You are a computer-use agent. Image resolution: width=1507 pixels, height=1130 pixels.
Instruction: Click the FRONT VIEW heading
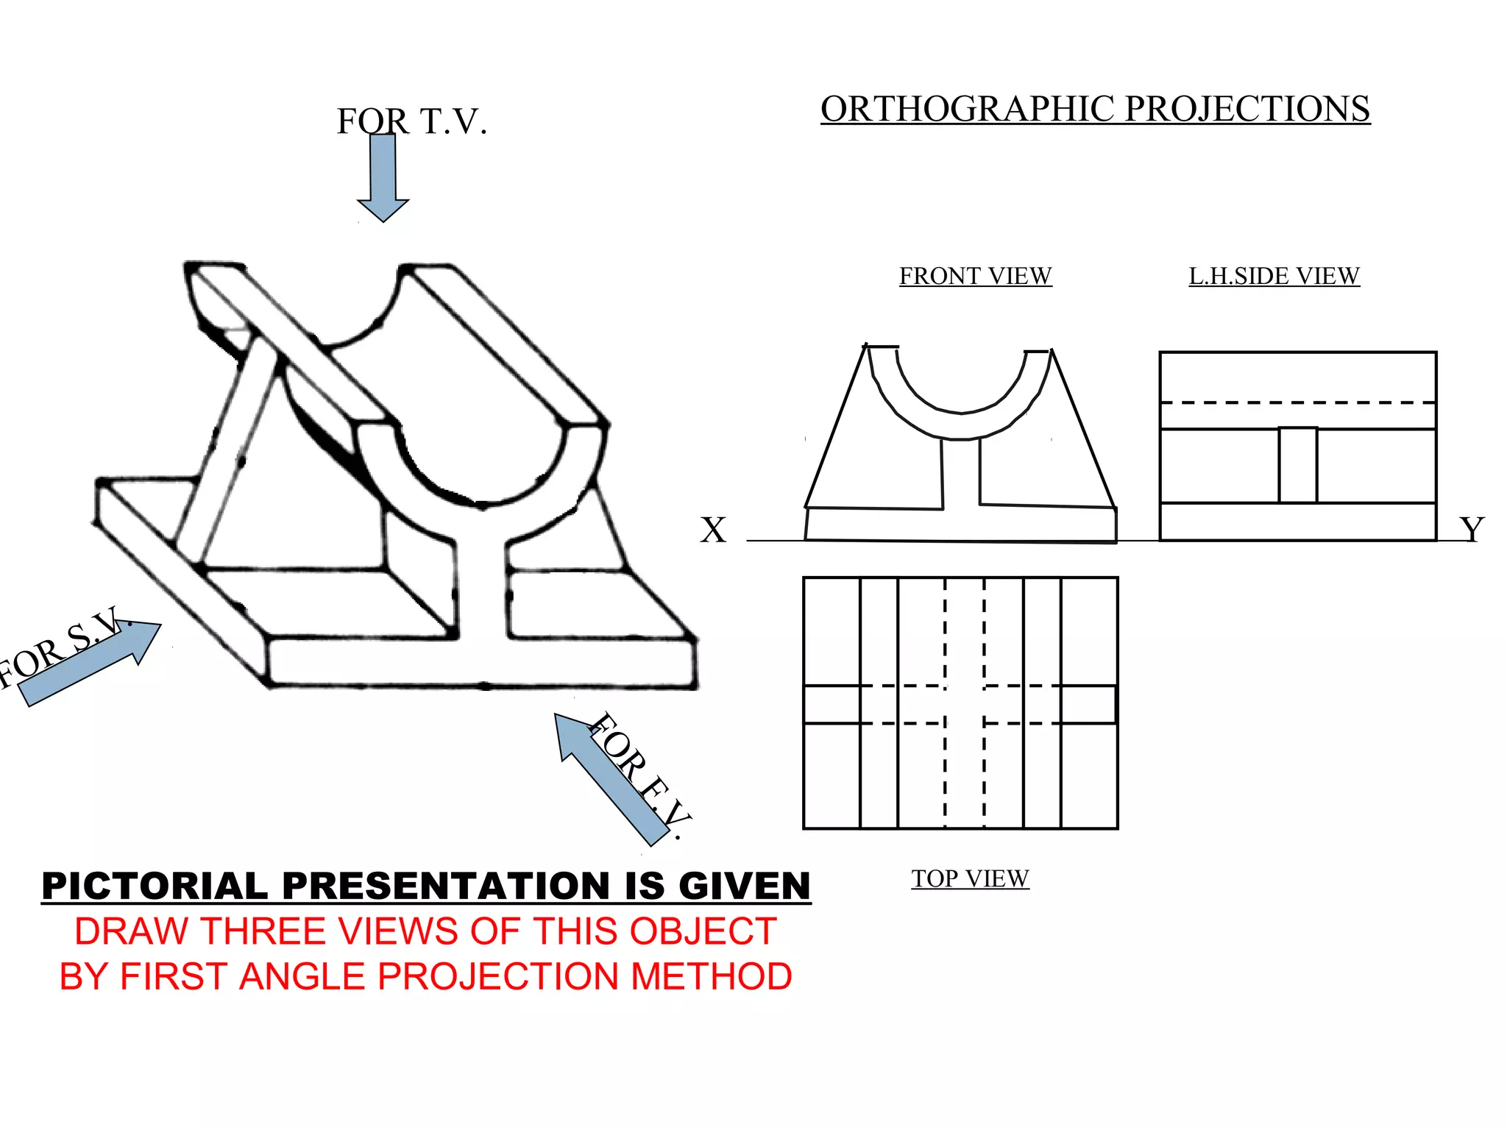coord(975,276)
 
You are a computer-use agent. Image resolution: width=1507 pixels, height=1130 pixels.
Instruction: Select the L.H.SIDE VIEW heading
coord(1274,276)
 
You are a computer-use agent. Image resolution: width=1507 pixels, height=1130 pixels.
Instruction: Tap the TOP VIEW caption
coord(970,878)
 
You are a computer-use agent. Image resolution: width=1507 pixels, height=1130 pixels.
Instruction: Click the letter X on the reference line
coord(712,530)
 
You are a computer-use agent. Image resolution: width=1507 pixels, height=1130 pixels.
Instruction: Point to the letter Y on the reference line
coord(1472,530)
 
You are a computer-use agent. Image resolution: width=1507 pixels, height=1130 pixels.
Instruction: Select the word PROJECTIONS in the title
coord(1247,109)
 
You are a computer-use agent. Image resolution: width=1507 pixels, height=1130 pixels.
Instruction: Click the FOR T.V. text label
coord(412,121)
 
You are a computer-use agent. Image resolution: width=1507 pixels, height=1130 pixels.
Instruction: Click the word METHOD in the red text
coord(711,977)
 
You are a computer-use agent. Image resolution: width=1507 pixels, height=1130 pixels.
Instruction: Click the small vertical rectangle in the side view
coord(1298,466)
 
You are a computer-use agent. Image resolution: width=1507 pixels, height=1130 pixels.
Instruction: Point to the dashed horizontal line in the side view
coord(1298,402)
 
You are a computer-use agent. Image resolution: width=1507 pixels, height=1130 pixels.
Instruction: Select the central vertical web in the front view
coord(961,475)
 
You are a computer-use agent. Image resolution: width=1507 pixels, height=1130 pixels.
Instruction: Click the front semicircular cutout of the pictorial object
coord(482,463)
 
